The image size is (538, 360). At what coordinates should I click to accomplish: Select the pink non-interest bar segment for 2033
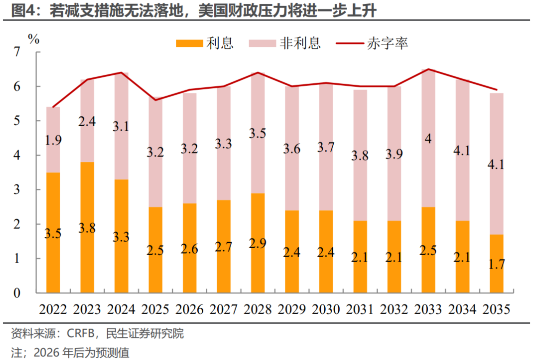428,164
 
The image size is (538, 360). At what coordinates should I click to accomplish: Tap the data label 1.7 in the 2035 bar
497,264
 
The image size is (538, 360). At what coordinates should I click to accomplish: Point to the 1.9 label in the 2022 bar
53,140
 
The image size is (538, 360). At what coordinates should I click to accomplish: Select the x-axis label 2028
258,309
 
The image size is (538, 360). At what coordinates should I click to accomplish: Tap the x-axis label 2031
360,309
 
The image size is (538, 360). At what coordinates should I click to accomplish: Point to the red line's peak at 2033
428,69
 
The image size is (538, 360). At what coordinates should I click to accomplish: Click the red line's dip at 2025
155,100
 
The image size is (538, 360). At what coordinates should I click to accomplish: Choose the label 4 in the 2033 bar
428,139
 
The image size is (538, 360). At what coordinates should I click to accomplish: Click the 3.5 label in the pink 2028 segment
258,133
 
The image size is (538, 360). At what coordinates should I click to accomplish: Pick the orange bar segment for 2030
326,249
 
